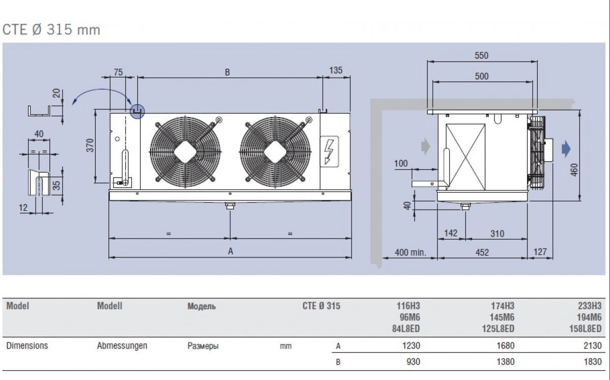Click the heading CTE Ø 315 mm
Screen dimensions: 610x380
(51, 30)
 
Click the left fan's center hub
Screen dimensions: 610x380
(185, 152)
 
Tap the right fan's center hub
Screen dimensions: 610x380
(275, 152)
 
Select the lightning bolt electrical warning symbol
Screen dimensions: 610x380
(329, 151)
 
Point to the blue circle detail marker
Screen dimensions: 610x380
(137, 111)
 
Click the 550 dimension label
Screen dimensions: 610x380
(481, 55)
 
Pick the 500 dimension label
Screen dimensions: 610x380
(482, 76)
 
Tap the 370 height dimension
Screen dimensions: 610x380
(90, 145)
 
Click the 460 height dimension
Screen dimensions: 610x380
(574, 170)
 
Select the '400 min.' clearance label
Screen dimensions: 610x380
(410, 252)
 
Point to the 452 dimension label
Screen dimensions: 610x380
(482, 252)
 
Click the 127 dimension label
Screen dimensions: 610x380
(540, 252)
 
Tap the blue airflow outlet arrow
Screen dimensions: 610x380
(566, 149)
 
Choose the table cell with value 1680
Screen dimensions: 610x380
(505, 345)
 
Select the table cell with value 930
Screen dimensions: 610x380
(413, 362)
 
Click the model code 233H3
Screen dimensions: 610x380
(590, 306)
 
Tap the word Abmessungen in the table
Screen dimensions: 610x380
(122, 346)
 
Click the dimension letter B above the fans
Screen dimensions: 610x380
(228, 72)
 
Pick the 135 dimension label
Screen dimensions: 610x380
(336, 70)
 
